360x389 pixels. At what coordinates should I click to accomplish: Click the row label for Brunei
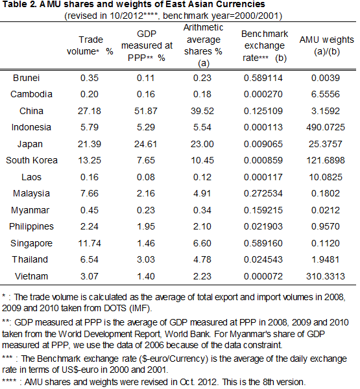(27, 78)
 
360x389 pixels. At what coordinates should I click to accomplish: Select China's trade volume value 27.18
(90, 111)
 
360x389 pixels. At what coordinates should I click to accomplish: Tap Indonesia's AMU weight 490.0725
(326, 127)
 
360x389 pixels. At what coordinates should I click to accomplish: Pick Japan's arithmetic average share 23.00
(202, 144)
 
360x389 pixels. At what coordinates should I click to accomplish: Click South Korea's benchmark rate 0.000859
(263, 160)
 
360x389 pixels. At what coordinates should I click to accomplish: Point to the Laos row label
(31, 177)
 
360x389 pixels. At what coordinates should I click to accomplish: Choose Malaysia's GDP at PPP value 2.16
(146, 193)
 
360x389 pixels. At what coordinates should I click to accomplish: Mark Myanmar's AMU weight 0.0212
(326, 210)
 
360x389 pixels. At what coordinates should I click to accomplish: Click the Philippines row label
(31, 226)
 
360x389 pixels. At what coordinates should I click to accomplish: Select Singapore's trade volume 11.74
(90, 243)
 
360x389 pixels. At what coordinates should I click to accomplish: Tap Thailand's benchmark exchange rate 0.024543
(263, 259)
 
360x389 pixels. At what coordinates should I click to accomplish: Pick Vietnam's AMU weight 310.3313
(326, 276)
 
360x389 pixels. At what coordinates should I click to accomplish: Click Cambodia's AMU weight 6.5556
(326, 94)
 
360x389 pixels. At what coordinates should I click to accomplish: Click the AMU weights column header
(327, 45)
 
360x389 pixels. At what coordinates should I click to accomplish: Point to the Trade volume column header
(90, 45)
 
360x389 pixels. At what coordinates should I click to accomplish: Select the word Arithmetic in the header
(203, 27)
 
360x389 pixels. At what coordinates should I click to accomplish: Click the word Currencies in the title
(241, 5)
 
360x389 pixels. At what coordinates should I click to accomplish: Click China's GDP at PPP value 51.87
(146, 111)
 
